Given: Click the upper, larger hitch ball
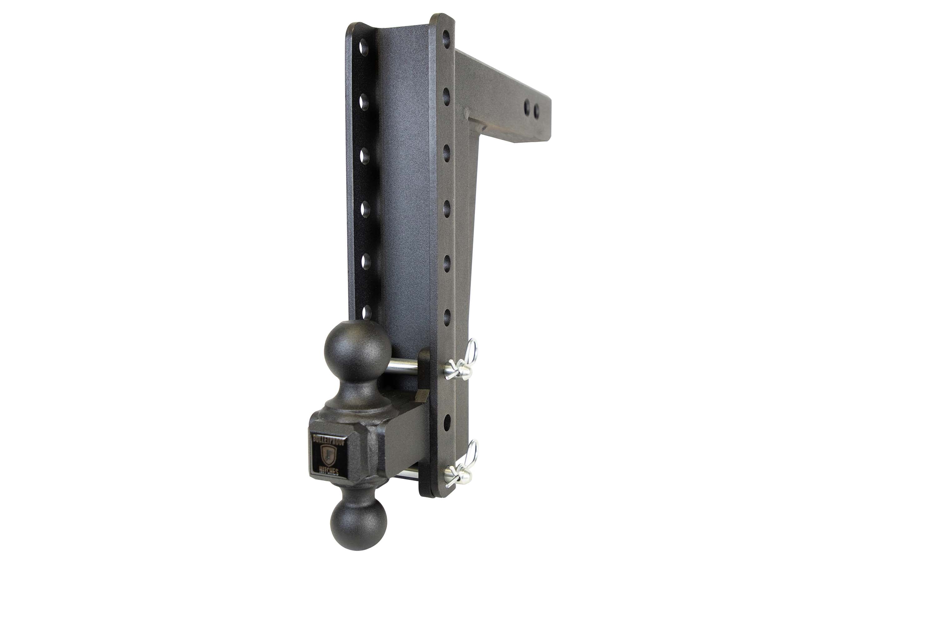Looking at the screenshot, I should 358,348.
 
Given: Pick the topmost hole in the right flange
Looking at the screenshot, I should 446,39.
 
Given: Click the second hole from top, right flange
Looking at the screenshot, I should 446,94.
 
